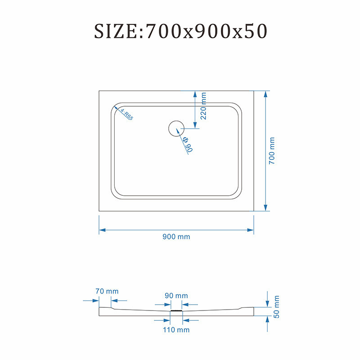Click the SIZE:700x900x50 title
point(181,31)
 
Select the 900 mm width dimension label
point(176,237)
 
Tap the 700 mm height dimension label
point(272,151)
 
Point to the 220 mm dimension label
point(203,106)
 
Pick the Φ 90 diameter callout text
point(188,144)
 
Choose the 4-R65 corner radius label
point(127,114)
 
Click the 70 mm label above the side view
point(107,291)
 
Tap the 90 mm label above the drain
point(176,296)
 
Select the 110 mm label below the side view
point(176,330)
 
